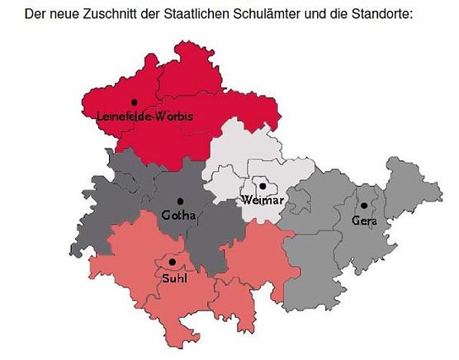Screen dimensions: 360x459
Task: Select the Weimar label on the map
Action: [x=263, y=200]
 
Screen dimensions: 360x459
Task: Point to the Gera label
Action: [x=363, y=220]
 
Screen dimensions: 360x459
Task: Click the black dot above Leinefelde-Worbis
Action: [x=133, y=102]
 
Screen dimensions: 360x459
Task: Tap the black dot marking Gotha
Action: [x=180, y=201]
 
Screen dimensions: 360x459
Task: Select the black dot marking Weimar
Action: [x=263, y=187]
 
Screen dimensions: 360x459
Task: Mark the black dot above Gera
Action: [x=363, y=206]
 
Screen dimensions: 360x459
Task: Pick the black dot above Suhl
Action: [x=172, y=263]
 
